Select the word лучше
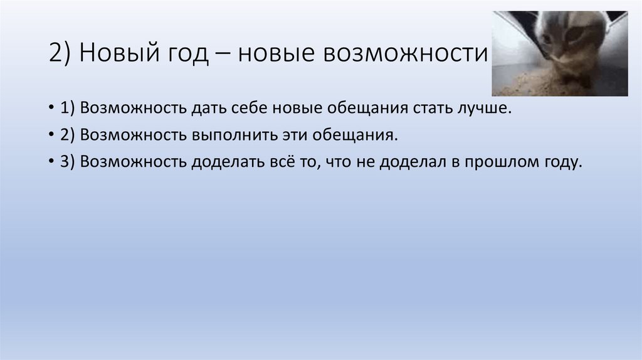[485, 109]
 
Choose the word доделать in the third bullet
[229, 162]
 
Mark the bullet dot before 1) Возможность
[50, 109]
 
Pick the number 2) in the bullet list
[67, 135]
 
